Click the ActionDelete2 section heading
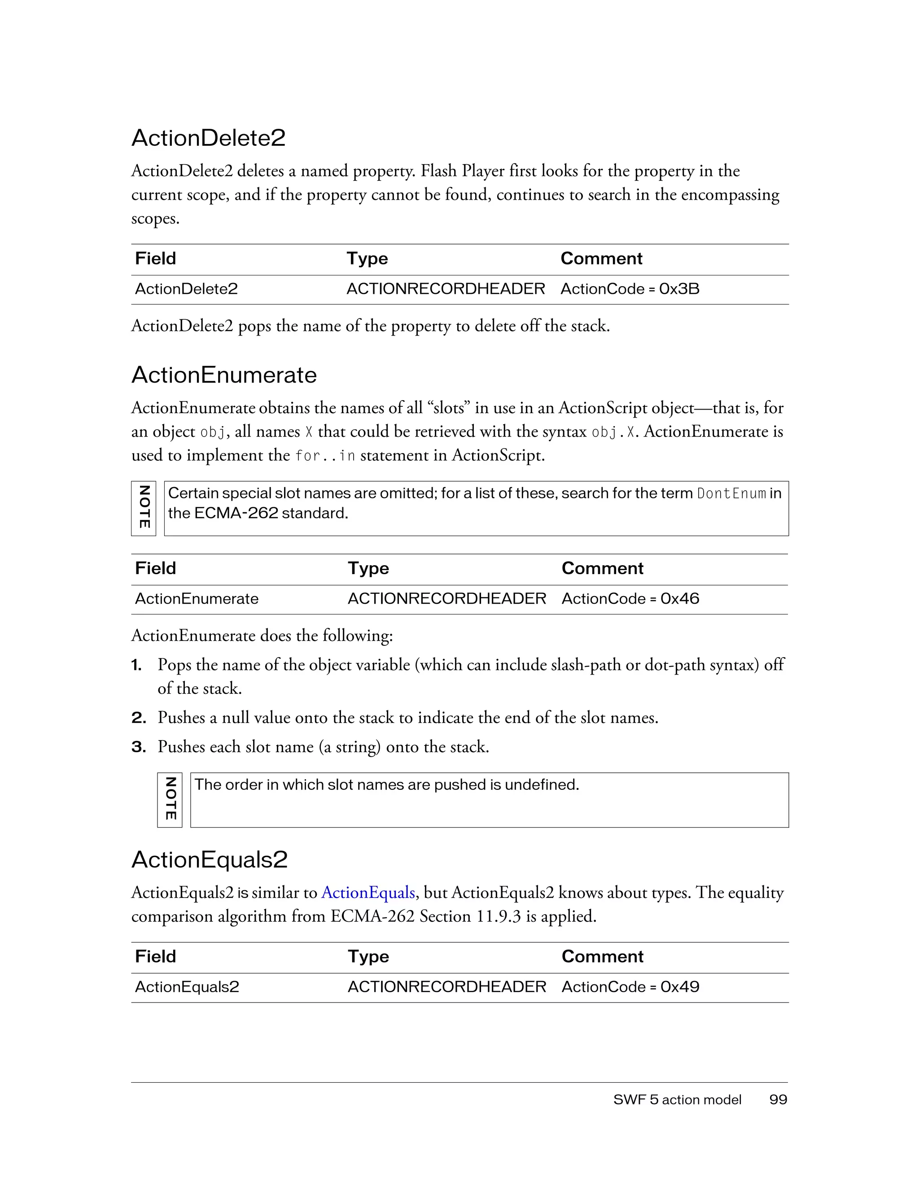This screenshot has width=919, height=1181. pos(208,138)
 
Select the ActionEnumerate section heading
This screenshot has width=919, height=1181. pos(224,375)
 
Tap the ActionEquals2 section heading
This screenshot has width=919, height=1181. pos(209,860)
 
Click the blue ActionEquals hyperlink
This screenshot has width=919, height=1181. pos(368,892)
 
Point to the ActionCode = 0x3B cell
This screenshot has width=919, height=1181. pos(630,289)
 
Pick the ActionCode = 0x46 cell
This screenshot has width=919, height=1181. pos(630,599)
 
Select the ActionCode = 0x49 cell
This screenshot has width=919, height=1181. pos(630,987)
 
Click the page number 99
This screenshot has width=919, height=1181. pos(778,1099)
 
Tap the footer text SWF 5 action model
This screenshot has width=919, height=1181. pos(677,1099)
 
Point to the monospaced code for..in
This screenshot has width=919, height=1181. pos(325,456)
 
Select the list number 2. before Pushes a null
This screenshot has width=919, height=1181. pos(139,718)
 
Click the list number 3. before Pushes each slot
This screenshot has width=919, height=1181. pos(139,747)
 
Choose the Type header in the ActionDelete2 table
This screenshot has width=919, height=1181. pos(367,258)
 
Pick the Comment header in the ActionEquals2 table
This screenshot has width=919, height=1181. pos(602,957)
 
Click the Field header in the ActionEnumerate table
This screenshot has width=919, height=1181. pos(155,568)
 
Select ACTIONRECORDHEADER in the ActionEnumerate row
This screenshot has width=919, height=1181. pos(447,599)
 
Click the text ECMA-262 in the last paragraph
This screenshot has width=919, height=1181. pos(373,916)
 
